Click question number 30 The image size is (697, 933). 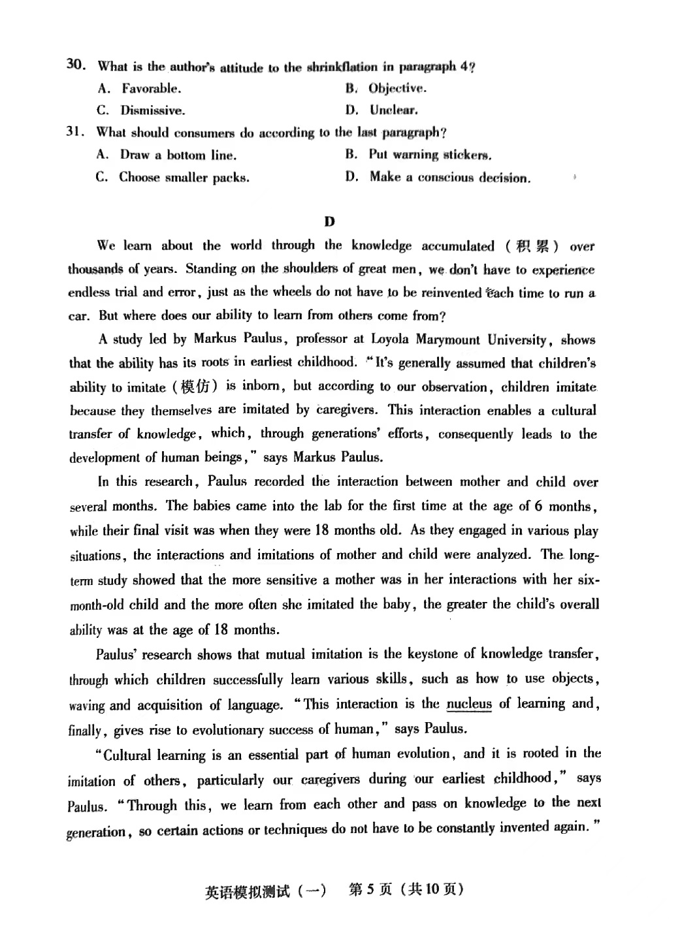pos(76,65)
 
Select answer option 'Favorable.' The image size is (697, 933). pos(151,88)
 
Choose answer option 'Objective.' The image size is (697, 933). pos(397,88)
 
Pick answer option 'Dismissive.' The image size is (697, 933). pos(152,110)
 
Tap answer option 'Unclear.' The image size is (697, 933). pos(393,110)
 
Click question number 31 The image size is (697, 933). pos(76,132)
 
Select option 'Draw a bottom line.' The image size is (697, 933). pos(178,155)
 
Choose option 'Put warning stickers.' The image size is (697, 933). pos(430,155)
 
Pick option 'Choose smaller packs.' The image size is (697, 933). pos(184,178)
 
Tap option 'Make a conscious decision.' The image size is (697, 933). pos(449,178)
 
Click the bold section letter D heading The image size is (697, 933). pos(329,221)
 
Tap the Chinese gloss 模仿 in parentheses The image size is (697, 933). pos(195,387)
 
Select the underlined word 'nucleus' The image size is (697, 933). pos(469,704)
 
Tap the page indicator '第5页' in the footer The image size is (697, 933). pos(370,890)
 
